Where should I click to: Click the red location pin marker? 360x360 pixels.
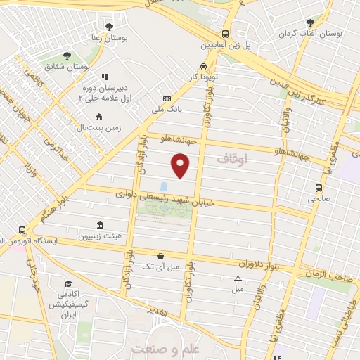coord(181,166)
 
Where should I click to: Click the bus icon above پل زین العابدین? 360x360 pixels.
coord(225,34)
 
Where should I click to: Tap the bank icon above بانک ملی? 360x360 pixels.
coord(167,99)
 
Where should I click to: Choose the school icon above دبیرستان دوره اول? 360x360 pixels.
coord(104,77)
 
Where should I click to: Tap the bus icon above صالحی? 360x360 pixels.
coord(319,188)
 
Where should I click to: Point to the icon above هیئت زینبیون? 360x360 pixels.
coord(100,225)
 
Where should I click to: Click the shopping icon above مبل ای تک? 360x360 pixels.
coord(161,256)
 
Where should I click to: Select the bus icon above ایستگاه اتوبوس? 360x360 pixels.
coord(22,230)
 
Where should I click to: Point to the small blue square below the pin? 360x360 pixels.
coord(164,186)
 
